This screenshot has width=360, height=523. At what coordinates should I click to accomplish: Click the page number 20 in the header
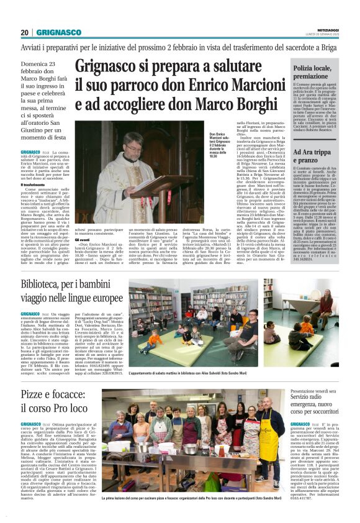[x=25, y=32]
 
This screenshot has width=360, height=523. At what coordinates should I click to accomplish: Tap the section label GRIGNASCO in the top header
[x=59, y=32]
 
